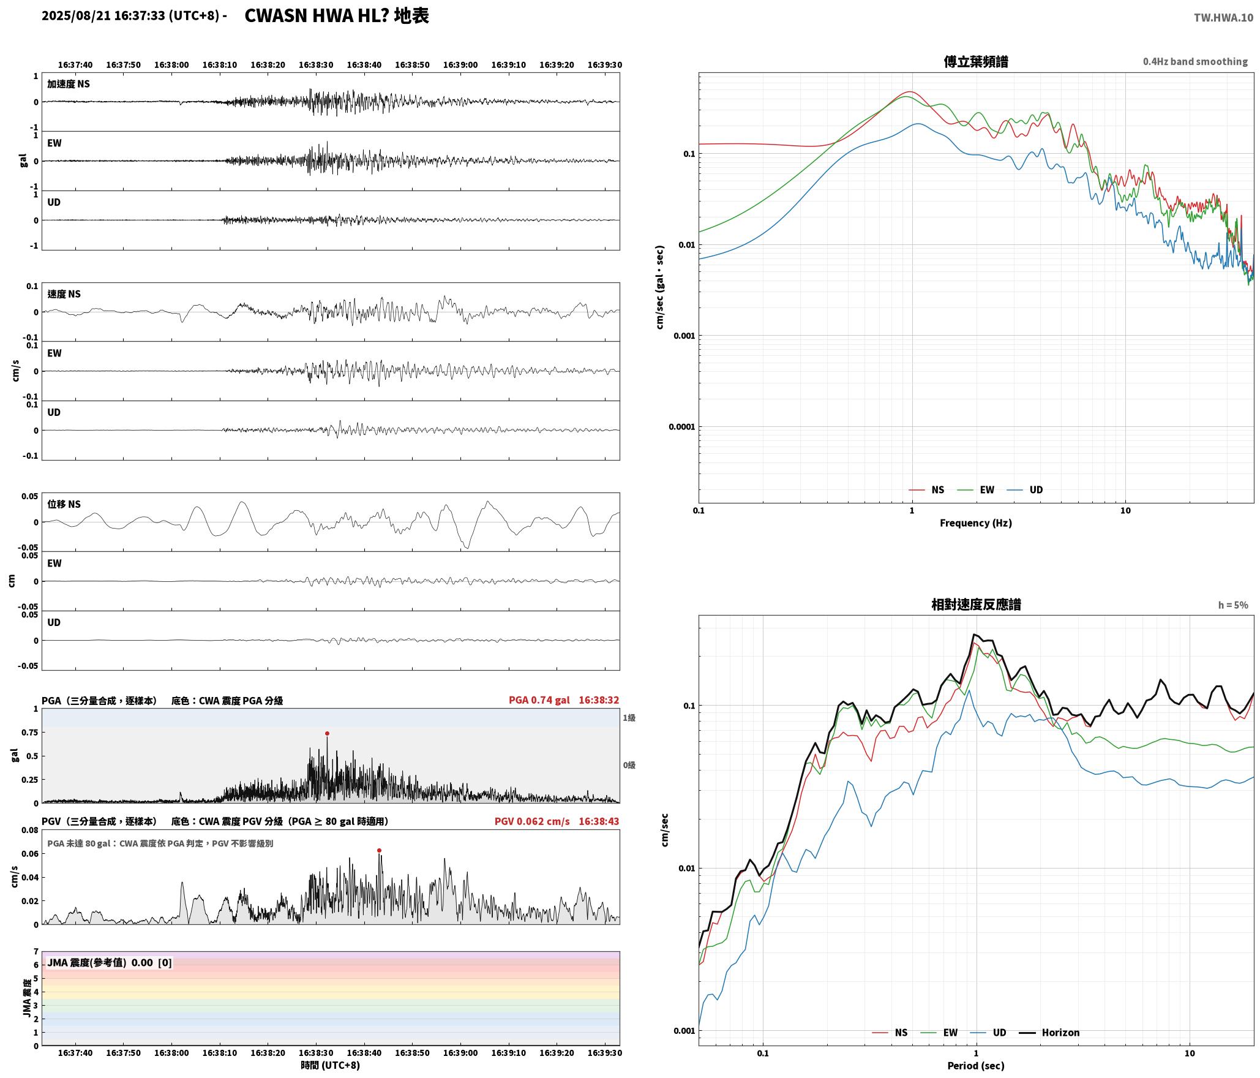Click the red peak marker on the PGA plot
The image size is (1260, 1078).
[327, 733]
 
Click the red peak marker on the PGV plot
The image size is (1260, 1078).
[380, 850]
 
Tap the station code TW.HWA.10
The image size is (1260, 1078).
[1223, 18]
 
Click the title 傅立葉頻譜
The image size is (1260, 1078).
[976, 61]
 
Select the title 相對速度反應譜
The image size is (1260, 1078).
[976, 604]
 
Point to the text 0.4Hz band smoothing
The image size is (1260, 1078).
[1195, 61]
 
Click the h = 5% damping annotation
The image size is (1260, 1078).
[1233, 605]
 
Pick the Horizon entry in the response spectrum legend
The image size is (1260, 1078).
[1049, 1032]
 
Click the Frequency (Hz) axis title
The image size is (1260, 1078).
[976, 522]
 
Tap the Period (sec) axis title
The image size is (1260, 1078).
[976, 1065]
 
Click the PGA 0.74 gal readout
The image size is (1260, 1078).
[539, 699]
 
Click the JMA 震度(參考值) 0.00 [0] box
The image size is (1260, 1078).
[110, 962]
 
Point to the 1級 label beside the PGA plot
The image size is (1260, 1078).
[629, 717]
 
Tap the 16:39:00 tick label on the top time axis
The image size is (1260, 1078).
[460, 64]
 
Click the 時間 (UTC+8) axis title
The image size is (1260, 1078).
[330, 1065]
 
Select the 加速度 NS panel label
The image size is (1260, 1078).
[69, 84]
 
